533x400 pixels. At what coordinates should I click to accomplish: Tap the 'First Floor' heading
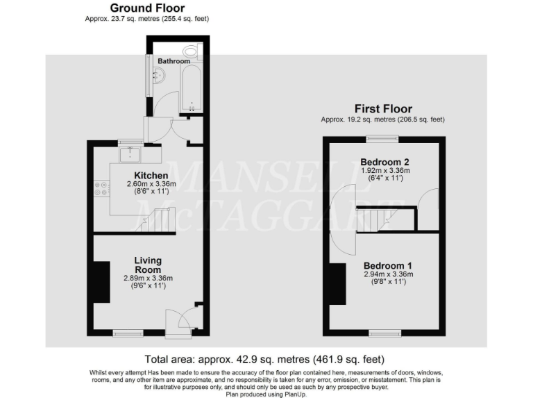(383, 109)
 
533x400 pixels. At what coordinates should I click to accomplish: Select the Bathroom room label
(174, 61)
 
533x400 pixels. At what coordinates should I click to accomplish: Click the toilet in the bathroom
(192, 51)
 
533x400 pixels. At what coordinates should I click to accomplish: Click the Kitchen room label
(150, 175)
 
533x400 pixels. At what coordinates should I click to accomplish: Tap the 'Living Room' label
(148, 265)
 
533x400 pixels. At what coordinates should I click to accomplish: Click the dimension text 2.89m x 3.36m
(148, 278)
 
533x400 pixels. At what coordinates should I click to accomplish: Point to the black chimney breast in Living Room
(101, 281)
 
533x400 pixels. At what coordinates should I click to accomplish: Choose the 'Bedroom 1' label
(388, 265)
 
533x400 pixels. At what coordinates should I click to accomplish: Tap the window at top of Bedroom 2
(383, 139)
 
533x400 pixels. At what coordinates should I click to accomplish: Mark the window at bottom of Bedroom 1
(383, 333)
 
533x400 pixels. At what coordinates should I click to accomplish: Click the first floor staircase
(374, 221)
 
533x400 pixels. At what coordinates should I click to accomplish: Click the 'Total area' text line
(264, 360)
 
